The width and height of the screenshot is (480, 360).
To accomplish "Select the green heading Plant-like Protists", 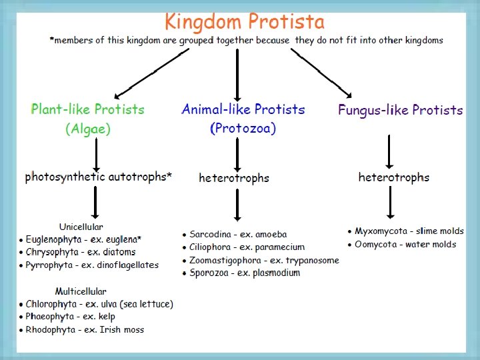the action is point(87,109).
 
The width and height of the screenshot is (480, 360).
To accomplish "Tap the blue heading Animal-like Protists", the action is point(243,109).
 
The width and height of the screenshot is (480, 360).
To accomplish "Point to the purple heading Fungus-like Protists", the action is point(400,110).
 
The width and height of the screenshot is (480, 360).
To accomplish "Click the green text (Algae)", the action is point(87,129).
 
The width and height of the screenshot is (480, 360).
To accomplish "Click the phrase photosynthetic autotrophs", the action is point(99,177).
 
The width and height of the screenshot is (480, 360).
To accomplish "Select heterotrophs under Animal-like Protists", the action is point(234,178).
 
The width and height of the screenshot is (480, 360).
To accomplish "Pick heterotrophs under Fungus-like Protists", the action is point(394,177).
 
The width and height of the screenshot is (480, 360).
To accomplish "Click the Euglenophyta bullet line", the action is point(84,239).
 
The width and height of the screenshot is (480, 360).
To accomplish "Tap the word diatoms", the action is point(120,252).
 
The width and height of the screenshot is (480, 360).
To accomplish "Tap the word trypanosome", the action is point(312,260).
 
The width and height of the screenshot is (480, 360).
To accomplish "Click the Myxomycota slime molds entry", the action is point(405,231).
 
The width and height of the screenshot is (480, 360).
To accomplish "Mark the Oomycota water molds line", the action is point(401,244).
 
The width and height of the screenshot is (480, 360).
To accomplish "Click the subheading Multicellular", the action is point(81,291).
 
